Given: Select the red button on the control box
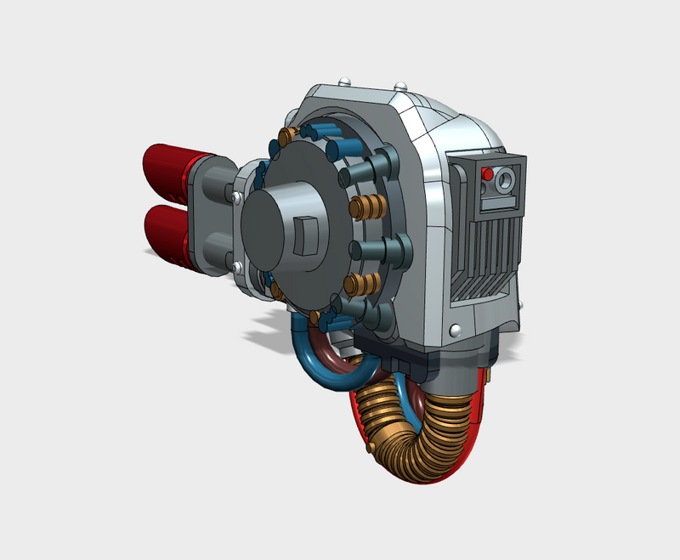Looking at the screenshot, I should point(487,175).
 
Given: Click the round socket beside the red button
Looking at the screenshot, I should point(507,179).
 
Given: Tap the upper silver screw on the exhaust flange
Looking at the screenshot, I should point(234,196).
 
